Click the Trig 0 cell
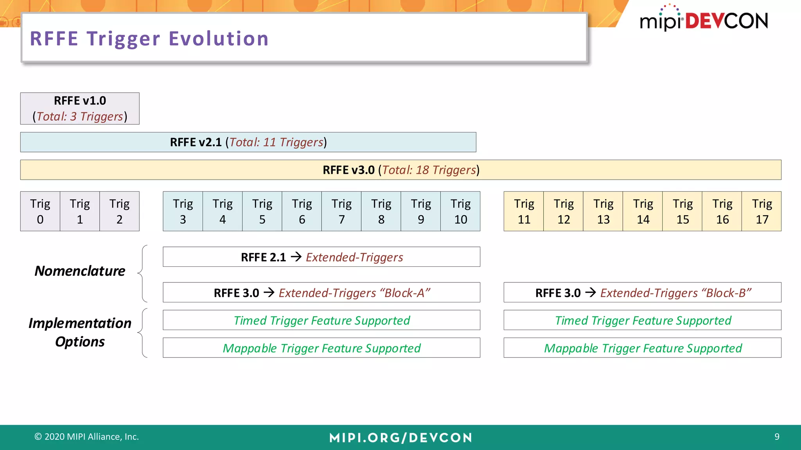point(40,211)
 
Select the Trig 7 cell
point(341,211)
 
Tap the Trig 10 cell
point(460,211)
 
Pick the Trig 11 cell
point(524,211)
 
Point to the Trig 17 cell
point(761,211)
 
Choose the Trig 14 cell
point(643,211)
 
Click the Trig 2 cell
point(119,211)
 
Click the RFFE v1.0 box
point(80,109)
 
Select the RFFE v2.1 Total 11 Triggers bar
point(248,142)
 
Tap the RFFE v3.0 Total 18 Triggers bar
point(400,170)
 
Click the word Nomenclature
point(80,271)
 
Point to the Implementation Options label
point(80,332)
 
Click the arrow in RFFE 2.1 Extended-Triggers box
point(296,257)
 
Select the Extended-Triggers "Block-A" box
point(321,293)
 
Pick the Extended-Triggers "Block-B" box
point(642,293)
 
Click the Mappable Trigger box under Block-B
point(642,348)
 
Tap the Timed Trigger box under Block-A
point(321,320)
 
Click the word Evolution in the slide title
point(219,39)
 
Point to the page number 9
point(777,437)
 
